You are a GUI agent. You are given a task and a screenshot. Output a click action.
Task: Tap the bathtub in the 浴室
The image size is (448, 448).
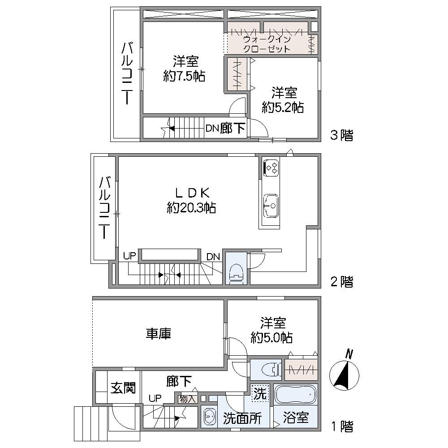tap(296, 395)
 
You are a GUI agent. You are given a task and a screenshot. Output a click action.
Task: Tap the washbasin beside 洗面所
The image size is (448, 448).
tap(209, 417)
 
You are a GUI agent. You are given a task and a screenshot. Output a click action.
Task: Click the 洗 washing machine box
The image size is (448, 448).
tap(260, 393)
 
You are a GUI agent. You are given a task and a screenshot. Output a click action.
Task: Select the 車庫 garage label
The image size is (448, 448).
tap(159, 334)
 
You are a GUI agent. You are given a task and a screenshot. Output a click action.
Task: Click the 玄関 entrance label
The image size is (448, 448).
tap(123, 388)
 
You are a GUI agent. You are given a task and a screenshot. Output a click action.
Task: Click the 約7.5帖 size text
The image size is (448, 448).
tap(184, 76)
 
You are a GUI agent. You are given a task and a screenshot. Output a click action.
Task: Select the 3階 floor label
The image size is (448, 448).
tap(342, 135)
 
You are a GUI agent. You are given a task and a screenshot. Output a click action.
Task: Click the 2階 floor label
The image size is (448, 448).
tap(342, 282)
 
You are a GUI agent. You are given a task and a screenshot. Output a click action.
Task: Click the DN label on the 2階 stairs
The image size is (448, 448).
tap(213, 257)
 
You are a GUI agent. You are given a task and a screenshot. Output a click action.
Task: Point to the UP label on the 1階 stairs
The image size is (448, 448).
tap(155, 398)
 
